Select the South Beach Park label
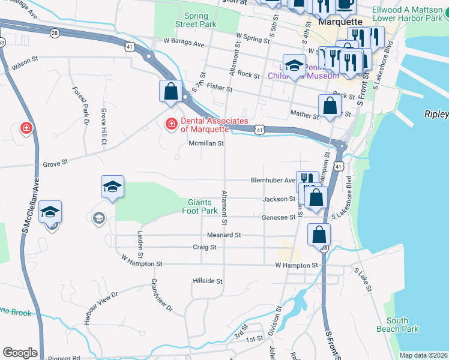point(397,325)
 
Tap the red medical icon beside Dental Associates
point(171,124)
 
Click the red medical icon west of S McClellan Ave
point(26,128)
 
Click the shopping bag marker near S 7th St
point(170,92)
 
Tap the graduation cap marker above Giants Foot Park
point(112,187)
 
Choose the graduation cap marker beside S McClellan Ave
point(50,212)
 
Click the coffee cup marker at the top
point(345,5)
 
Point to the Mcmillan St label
point(206,143)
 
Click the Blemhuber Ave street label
point(273,180)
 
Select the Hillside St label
point(208,281)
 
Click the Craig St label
point(205,247)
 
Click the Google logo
point(20,352)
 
